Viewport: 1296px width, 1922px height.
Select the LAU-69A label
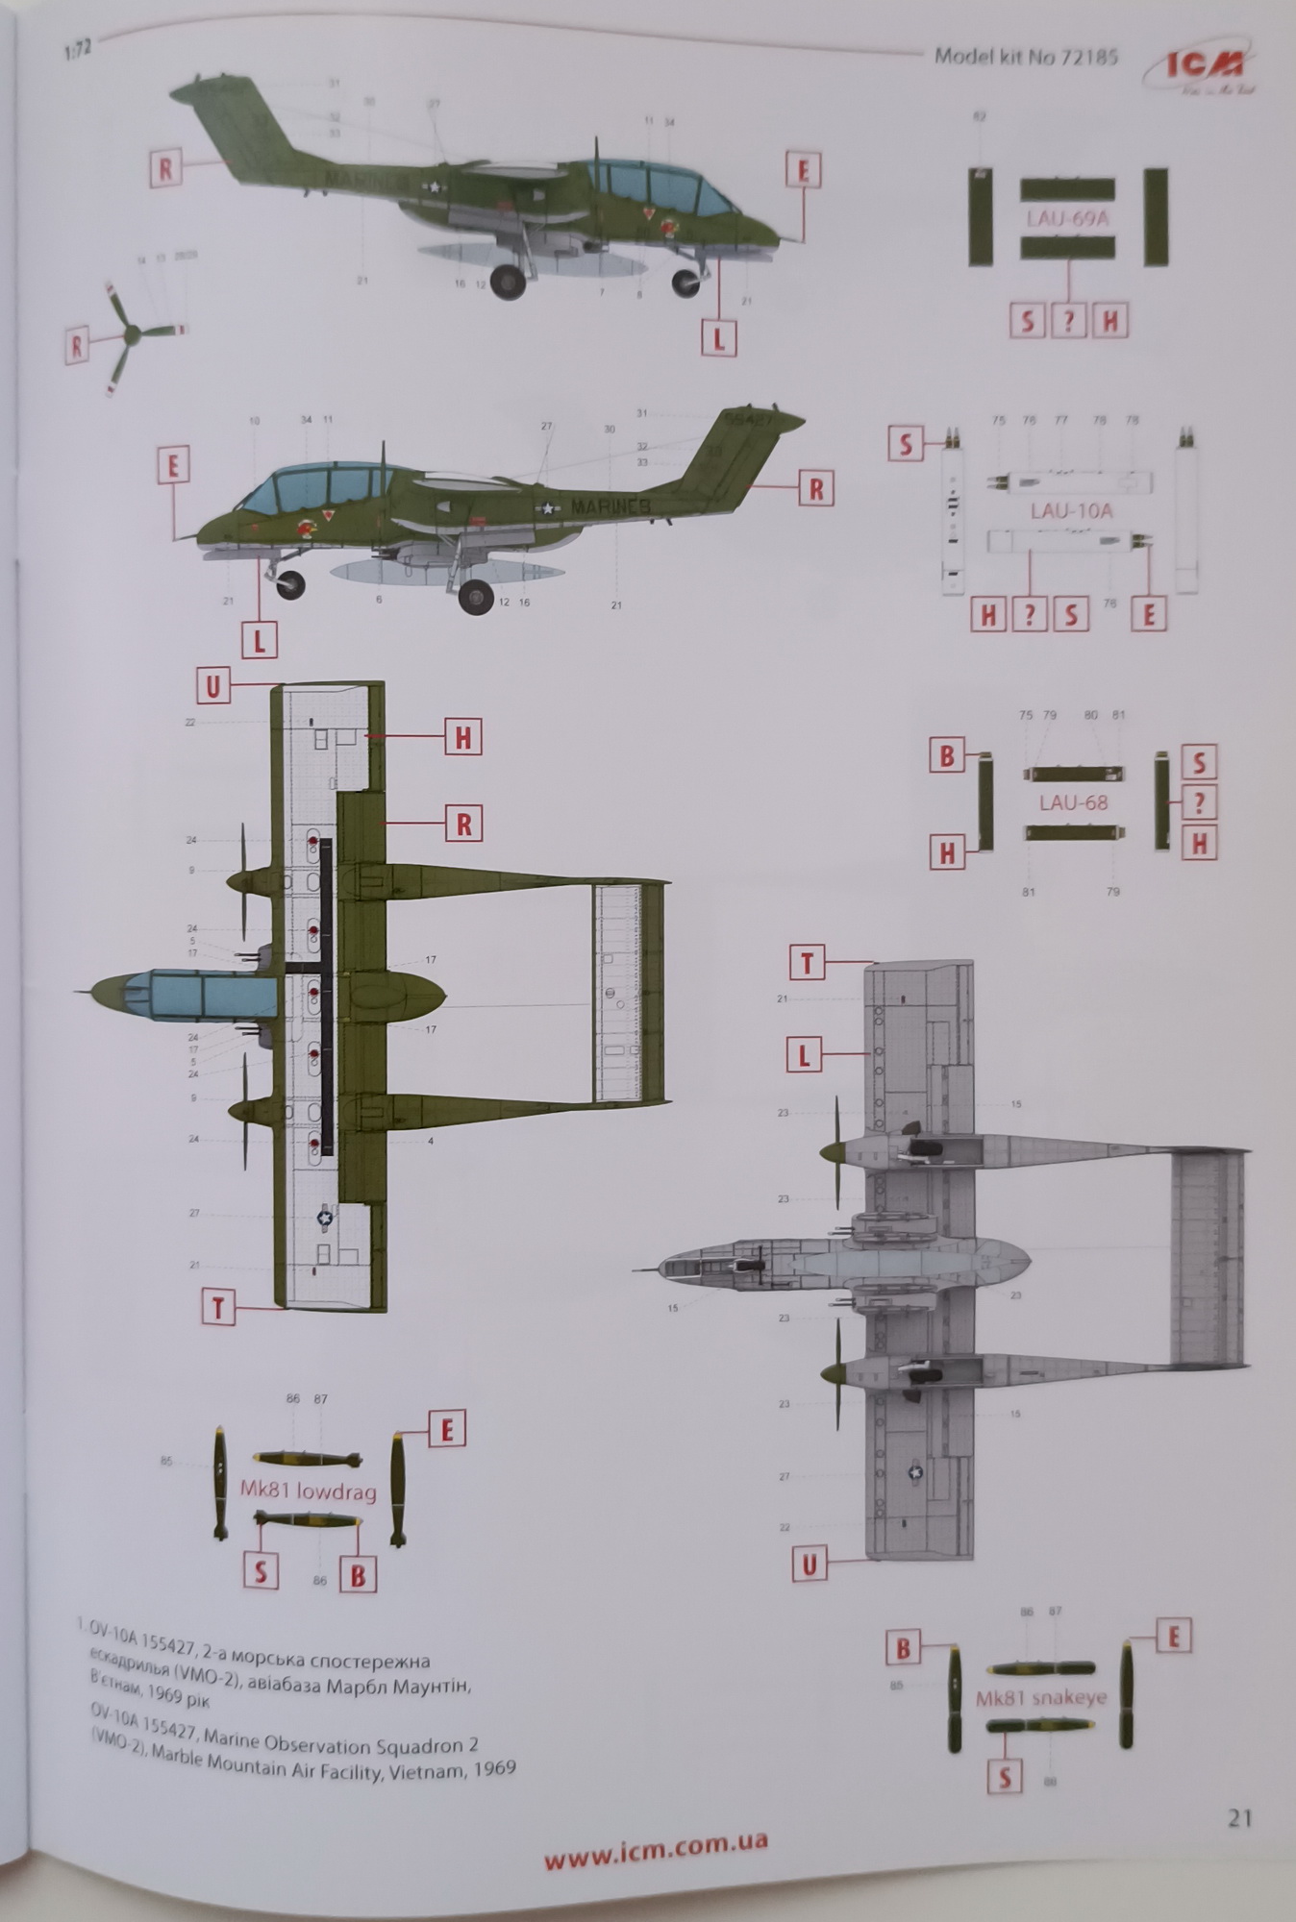click(x=1067, y=218)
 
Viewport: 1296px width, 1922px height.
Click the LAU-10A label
click(x=1071, y=510)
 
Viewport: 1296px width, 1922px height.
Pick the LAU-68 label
click(x=1073, y=802)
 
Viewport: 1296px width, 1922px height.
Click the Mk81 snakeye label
click(x=1041, y=1698)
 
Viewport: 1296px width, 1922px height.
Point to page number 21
click(x=1239, y=1818)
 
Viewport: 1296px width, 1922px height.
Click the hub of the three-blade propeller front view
click(x=132, y=333)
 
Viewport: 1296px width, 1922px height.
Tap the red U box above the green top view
click(x=212, y=687)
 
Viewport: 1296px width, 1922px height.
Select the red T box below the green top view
click(x=218, y=1309)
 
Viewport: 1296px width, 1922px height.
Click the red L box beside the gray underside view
click(x=804, y=1057)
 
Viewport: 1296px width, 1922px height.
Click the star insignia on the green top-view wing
click(x=325, y=1218)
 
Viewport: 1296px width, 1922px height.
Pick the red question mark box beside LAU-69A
click(x=1068, y=321)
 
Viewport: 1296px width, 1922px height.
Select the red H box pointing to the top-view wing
click(x=462, y=738)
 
